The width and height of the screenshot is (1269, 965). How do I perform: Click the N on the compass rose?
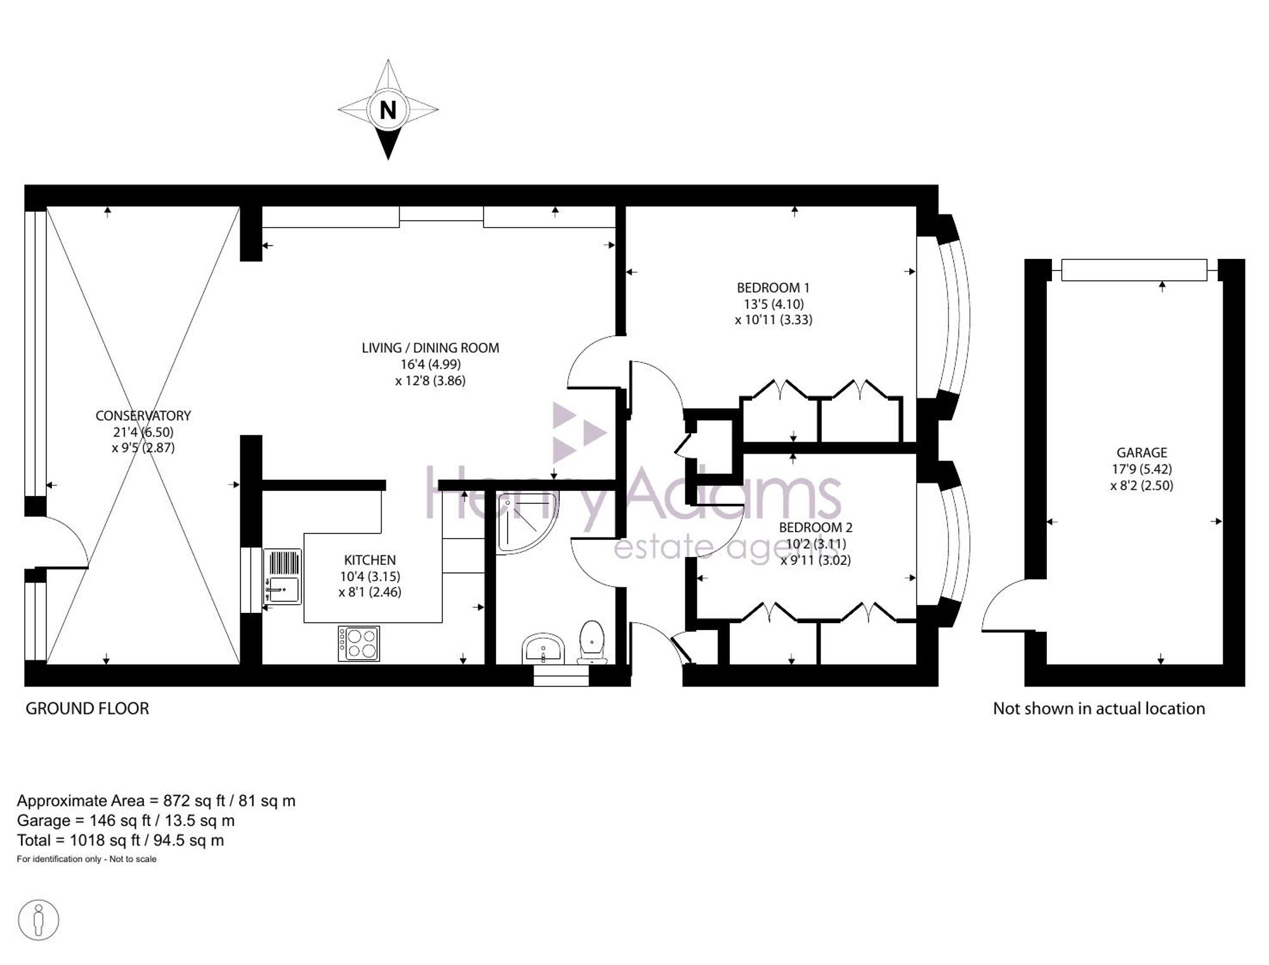[x=388, y=110]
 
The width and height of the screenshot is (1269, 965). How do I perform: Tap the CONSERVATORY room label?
[x=143, y=416]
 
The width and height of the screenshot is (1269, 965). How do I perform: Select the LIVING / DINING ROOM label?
[x=430, y=348]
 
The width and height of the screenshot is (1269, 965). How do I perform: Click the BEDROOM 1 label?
[x=773, y=287]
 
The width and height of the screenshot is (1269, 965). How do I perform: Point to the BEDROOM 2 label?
[x=815, y=527]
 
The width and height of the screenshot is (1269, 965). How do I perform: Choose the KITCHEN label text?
[x=370, y=560]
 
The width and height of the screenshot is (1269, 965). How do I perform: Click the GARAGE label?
[x=1141, y=452]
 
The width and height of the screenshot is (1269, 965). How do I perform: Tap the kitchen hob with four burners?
[x=358, y=643]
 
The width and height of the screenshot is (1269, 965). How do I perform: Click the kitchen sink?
[x=282, y=576]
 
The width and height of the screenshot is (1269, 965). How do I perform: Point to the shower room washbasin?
[x=544, y=648]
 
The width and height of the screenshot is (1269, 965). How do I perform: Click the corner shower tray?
[x=528, y=522]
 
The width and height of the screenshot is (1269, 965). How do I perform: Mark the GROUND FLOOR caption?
[x=87, y=709]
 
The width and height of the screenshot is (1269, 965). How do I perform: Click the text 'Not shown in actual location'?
[x=1099, y=709]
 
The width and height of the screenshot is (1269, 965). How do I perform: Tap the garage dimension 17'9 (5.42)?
[x=1141, y=469]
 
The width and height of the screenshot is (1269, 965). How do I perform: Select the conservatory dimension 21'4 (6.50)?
[x=143, y=432]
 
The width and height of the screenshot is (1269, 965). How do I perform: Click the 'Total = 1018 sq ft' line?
[x=121, y=841]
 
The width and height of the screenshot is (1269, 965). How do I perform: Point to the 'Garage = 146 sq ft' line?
[x=126, y=821]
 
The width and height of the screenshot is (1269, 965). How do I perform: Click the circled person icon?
[x=39, y=920]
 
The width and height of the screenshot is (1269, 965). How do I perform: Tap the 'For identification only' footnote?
[x=86, y=859]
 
